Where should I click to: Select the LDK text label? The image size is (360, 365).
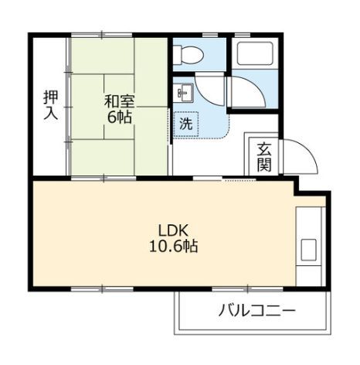pos(174,230)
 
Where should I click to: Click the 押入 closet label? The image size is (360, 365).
pos(49,105)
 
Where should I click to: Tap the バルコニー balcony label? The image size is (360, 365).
pos(247,312)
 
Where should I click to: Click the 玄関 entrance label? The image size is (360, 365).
pos(264,155)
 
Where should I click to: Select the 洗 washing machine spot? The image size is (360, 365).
pos(186,122)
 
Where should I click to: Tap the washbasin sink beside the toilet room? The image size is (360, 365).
pos(182,93)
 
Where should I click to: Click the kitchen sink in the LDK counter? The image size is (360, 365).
pos(308,250)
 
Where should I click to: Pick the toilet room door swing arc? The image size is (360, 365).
pos(210,87)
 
